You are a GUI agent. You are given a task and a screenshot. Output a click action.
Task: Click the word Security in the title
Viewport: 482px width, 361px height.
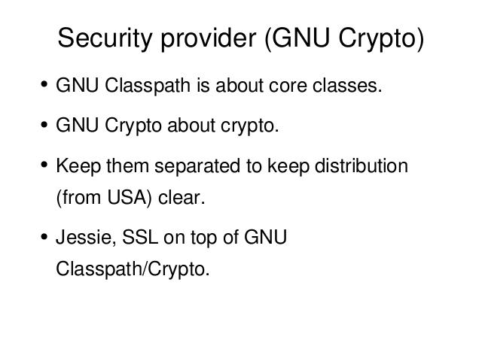105,38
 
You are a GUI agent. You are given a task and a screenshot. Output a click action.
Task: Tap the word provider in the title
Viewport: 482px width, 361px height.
209,38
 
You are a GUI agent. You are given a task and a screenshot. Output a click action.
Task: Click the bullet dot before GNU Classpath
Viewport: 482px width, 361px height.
44,83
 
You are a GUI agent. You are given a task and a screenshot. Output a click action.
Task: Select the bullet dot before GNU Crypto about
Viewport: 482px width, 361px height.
44,125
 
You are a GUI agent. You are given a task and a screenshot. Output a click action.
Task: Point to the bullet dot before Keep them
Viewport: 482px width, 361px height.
44,165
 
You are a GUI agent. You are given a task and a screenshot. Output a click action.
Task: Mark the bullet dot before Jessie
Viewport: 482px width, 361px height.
44,237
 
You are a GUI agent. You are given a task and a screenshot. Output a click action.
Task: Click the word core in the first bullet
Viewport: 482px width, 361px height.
288,85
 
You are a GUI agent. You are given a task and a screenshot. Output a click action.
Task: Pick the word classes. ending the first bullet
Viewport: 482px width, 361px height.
347,85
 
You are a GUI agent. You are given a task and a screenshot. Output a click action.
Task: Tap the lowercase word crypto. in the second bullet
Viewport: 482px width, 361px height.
249,126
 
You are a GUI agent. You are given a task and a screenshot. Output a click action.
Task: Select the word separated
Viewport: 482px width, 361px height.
197,166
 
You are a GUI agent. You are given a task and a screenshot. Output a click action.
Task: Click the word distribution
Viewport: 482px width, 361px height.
361,165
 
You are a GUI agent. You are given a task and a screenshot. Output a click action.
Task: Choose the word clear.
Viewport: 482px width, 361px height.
182,197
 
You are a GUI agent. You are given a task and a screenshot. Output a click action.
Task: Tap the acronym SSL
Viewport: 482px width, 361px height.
140,238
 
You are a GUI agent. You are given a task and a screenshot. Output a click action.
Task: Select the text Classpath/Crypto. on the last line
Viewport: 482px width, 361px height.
133,269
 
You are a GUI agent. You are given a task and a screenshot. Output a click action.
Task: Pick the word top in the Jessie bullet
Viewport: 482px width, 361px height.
203,238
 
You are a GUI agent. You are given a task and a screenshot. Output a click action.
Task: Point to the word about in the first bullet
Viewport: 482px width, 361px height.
239,85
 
